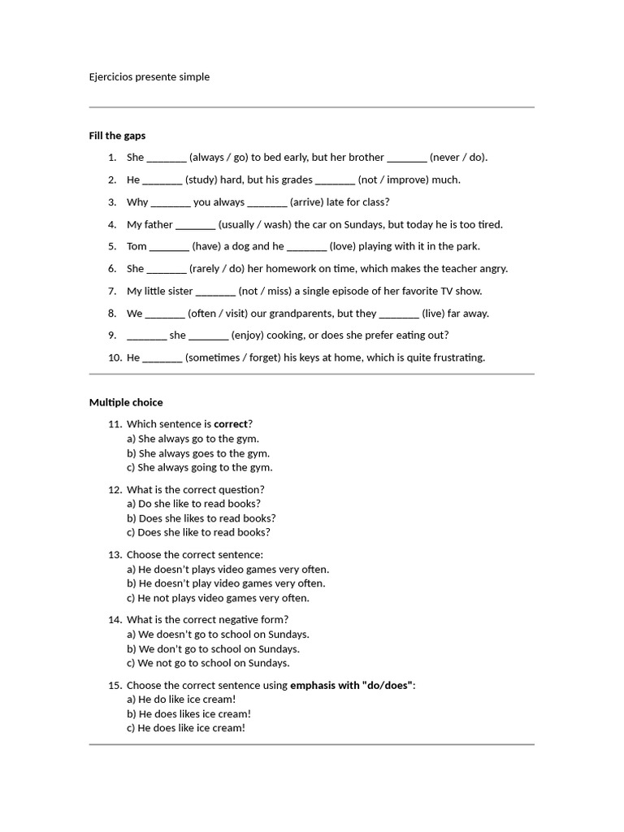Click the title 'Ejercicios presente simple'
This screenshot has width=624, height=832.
tap(149, 77)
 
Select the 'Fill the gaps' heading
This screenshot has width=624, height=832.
tap(117, 136)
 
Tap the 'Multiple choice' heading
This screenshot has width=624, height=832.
tap(126, 402)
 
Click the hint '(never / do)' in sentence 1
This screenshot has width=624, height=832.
tap(457, 158)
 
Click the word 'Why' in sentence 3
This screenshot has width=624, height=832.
tap(137, 202)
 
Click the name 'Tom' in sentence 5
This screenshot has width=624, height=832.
tap(136, 246)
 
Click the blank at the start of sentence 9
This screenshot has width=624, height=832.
tap(146, 336)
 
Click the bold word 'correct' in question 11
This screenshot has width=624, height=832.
tap(230, 424)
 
